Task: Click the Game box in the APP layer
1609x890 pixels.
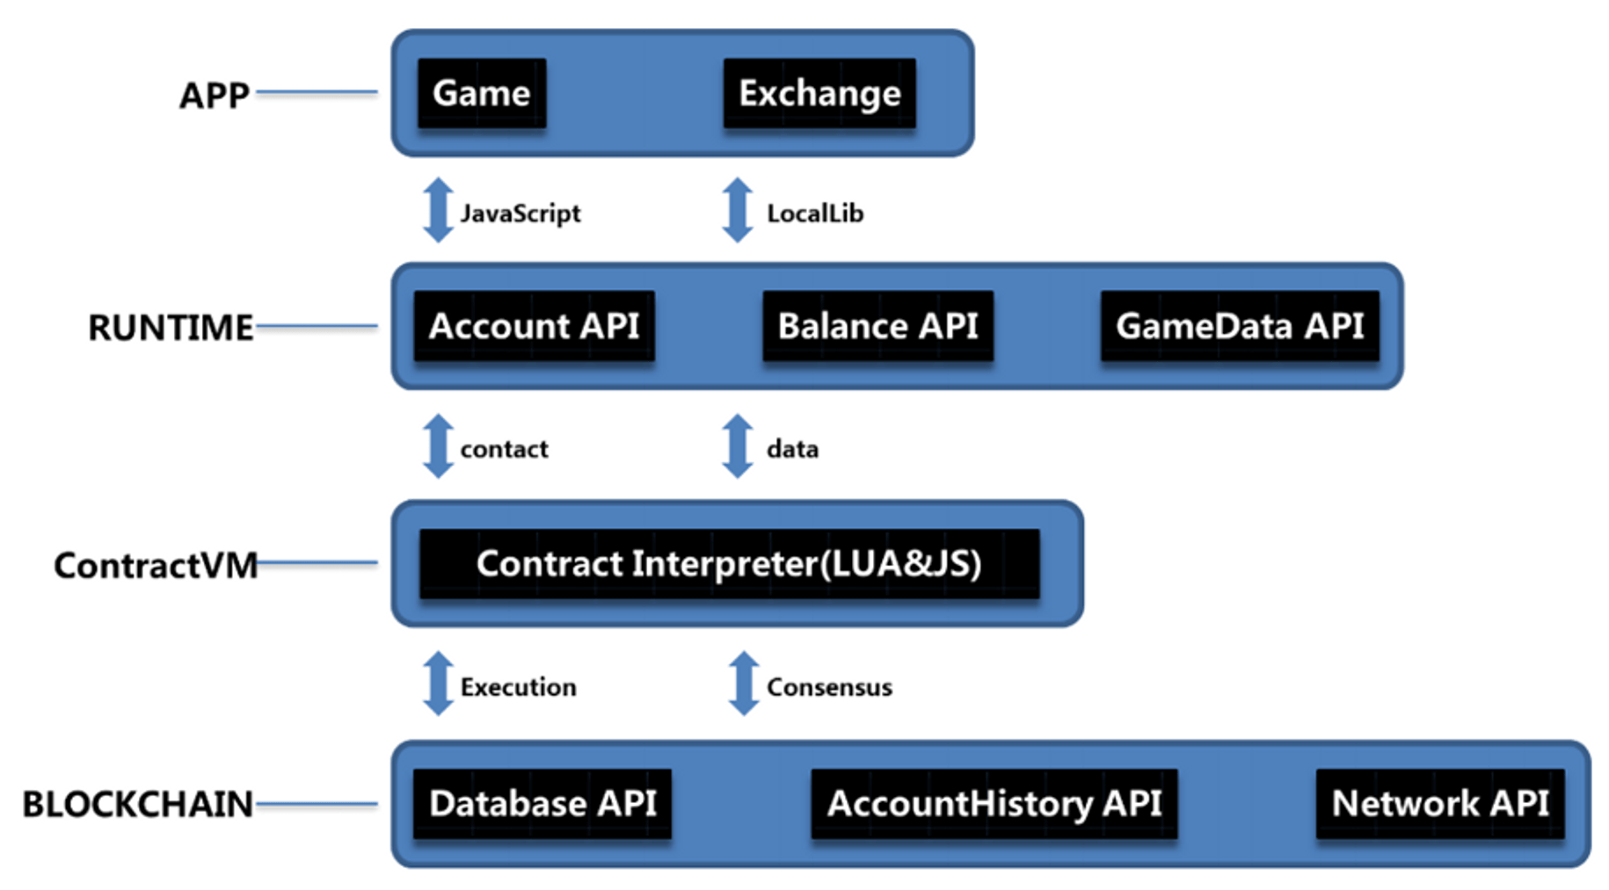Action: coord(482,93)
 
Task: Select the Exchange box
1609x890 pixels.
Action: coord(819,93)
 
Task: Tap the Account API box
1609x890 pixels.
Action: coord(535,326)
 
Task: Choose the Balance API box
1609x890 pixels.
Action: coord(878,326)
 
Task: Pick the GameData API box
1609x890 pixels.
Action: coord(1240,326)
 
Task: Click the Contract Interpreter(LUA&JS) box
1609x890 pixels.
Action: coord(730,564)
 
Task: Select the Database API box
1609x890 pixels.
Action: coord(542,804)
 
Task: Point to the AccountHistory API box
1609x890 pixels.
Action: coord(994,804)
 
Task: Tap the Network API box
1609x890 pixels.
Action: coord(1440,804)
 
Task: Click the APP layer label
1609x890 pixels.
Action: coord(215,95)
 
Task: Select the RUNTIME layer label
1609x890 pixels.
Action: coord(171,328)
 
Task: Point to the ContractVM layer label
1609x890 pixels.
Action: coord(156,565)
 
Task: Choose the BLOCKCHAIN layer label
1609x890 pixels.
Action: coord(137,805)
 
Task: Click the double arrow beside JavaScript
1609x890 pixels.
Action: coord(439,210)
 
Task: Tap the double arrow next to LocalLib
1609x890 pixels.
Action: coord(738,210)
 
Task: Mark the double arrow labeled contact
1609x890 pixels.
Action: coord(439,446)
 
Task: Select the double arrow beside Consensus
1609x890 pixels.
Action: coord(744,684)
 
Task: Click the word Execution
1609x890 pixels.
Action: coord(519,687)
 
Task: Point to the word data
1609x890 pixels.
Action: coord(792,449)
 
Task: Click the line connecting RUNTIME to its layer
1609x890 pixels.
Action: coord(317,327)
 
